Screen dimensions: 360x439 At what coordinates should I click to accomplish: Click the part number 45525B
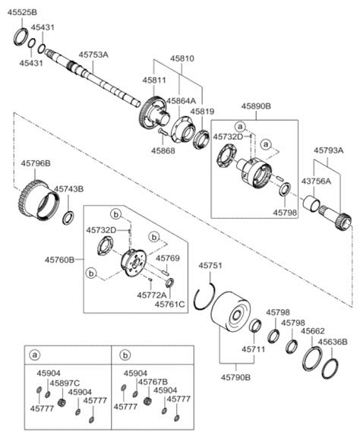pyautogui.click(x=22, y=12)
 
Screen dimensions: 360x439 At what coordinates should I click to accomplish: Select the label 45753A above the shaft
pyautogui.click(x=93, y=55)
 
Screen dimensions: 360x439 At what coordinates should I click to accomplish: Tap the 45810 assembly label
pyautogui.click(x=182, y=58)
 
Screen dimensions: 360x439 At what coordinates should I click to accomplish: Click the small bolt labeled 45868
pyautogui.click(x=163, y=132)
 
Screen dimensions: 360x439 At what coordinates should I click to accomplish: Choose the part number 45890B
pyautogui.click(x=256, y=106)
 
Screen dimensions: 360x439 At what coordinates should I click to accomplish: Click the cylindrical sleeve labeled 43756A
pyautogui.click(x=311, y=204)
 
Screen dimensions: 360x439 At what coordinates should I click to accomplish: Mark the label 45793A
pyautogui.click(x=329, y=150)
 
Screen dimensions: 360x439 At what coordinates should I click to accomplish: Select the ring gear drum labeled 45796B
pyautogui.click(x=39, y=201)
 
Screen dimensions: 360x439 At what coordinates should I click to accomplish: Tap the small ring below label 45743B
pyautogui.click(x=68, y=219)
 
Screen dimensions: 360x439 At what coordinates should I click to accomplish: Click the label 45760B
pyautogui.click(x=60, y=260)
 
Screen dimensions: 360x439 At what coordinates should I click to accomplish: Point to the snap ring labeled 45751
pyautogui.click(x=204, y=297)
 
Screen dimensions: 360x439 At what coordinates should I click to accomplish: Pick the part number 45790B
pyautogui.click(x=235, y=377)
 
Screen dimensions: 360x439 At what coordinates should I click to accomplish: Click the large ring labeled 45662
pyautogui.click(x=312, y=358)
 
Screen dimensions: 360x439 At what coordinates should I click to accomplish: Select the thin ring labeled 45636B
pyautogui.click(x=330, y=368)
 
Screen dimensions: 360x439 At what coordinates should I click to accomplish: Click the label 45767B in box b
pyautogui.click(x=153, y=381)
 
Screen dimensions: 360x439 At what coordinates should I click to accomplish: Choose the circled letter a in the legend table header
pyautogui.click(x=35, y=355)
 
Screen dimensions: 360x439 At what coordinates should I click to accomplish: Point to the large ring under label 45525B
pyautogui.click(x=21, y=36)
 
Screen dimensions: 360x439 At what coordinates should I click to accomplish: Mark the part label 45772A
pyautogui.click(x=152, y=295)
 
